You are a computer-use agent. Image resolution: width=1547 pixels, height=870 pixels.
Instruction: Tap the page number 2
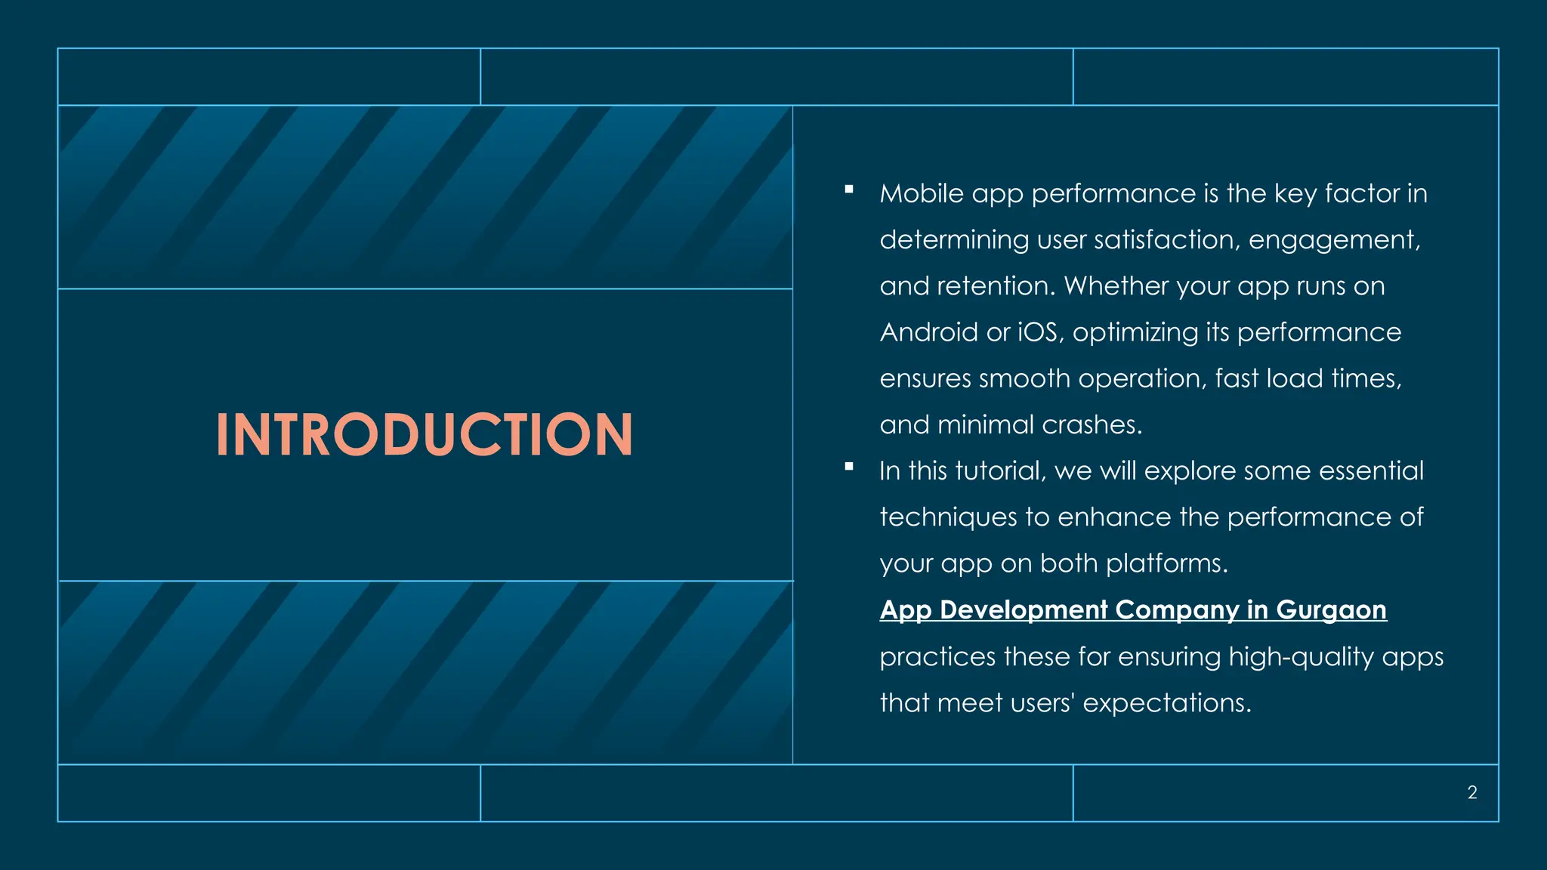[x=1472, y=792]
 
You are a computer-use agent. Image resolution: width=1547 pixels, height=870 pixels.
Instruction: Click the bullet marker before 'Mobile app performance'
[x=849, y=190]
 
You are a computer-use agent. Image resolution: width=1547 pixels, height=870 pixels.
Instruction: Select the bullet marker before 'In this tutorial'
[x=849, y=467]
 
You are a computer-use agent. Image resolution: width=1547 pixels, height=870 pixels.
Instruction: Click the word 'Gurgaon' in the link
[x=1331, y=609]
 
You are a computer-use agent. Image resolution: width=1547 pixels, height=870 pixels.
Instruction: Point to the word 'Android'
[x=928, y=332]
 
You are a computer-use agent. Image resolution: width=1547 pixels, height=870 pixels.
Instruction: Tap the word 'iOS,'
[x=1041, y=332]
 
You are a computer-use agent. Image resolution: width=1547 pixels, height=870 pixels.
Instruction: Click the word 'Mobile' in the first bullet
[x=922, y=194]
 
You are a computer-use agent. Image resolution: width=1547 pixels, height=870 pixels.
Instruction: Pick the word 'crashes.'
[x=1092, y=425]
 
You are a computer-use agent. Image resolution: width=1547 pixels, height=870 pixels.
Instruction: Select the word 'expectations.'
[x=1167, y=703]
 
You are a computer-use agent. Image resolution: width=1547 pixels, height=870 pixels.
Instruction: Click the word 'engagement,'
[x=1335, y=240]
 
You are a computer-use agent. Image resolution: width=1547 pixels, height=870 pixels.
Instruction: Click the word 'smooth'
[x=1024, y=378]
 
